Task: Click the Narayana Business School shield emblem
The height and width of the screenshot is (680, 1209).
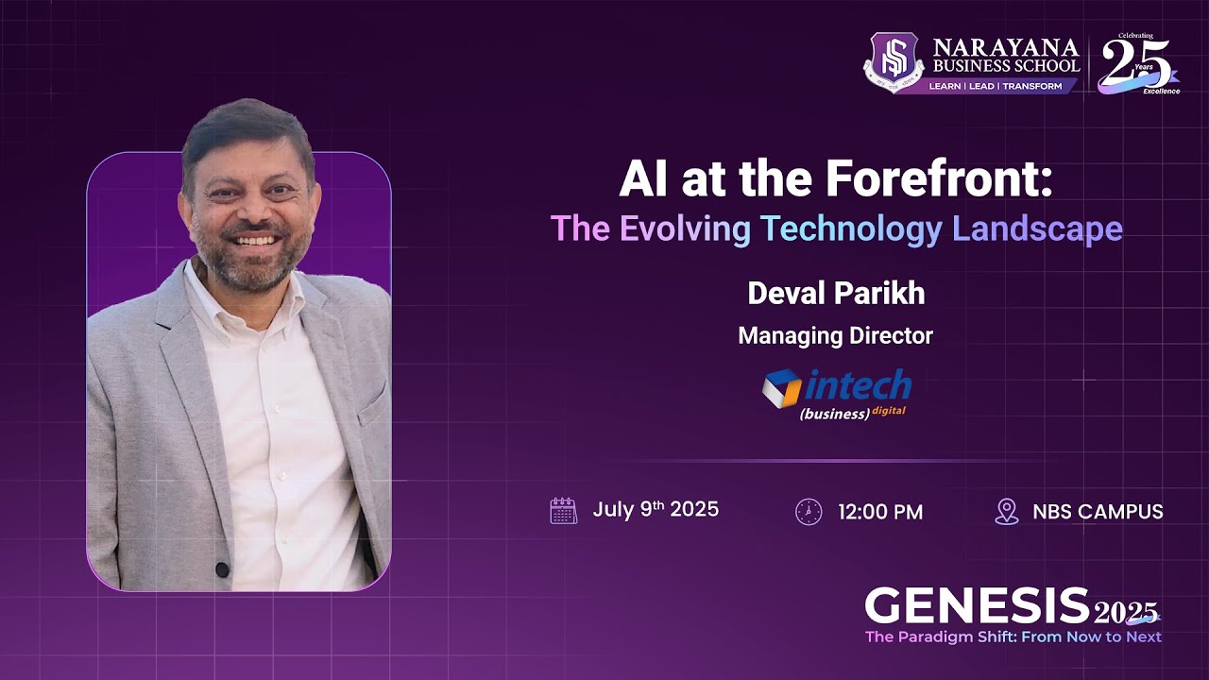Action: [893, 61]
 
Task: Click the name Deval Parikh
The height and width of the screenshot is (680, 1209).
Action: [836, 294]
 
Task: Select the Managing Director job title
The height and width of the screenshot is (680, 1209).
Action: [836, 335]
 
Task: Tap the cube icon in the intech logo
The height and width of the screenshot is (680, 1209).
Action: [781, 388]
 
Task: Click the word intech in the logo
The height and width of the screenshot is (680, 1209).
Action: [858, 385]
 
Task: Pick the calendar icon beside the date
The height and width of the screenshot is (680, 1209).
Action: [564, 511]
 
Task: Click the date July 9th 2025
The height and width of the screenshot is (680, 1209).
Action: [656, 510]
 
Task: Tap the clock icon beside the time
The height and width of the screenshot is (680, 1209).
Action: [809, 512]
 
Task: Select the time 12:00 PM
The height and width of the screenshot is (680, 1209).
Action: [880, 513]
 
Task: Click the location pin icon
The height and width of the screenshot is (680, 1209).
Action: [1007, 512]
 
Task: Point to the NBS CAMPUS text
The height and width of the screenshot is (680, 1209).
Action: [1098, 512]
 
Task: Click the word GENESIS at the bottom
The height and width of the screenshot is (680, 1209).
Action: [978, 605]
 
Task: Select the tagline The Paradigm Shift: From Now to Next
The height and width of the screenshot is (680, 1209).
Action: [1013, 637]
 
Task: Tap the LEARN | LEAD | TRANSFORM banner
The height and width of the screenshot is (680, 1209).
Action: [995, 86]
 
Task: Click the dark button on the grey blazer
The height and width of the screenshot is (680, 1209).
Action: [222, 569]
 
